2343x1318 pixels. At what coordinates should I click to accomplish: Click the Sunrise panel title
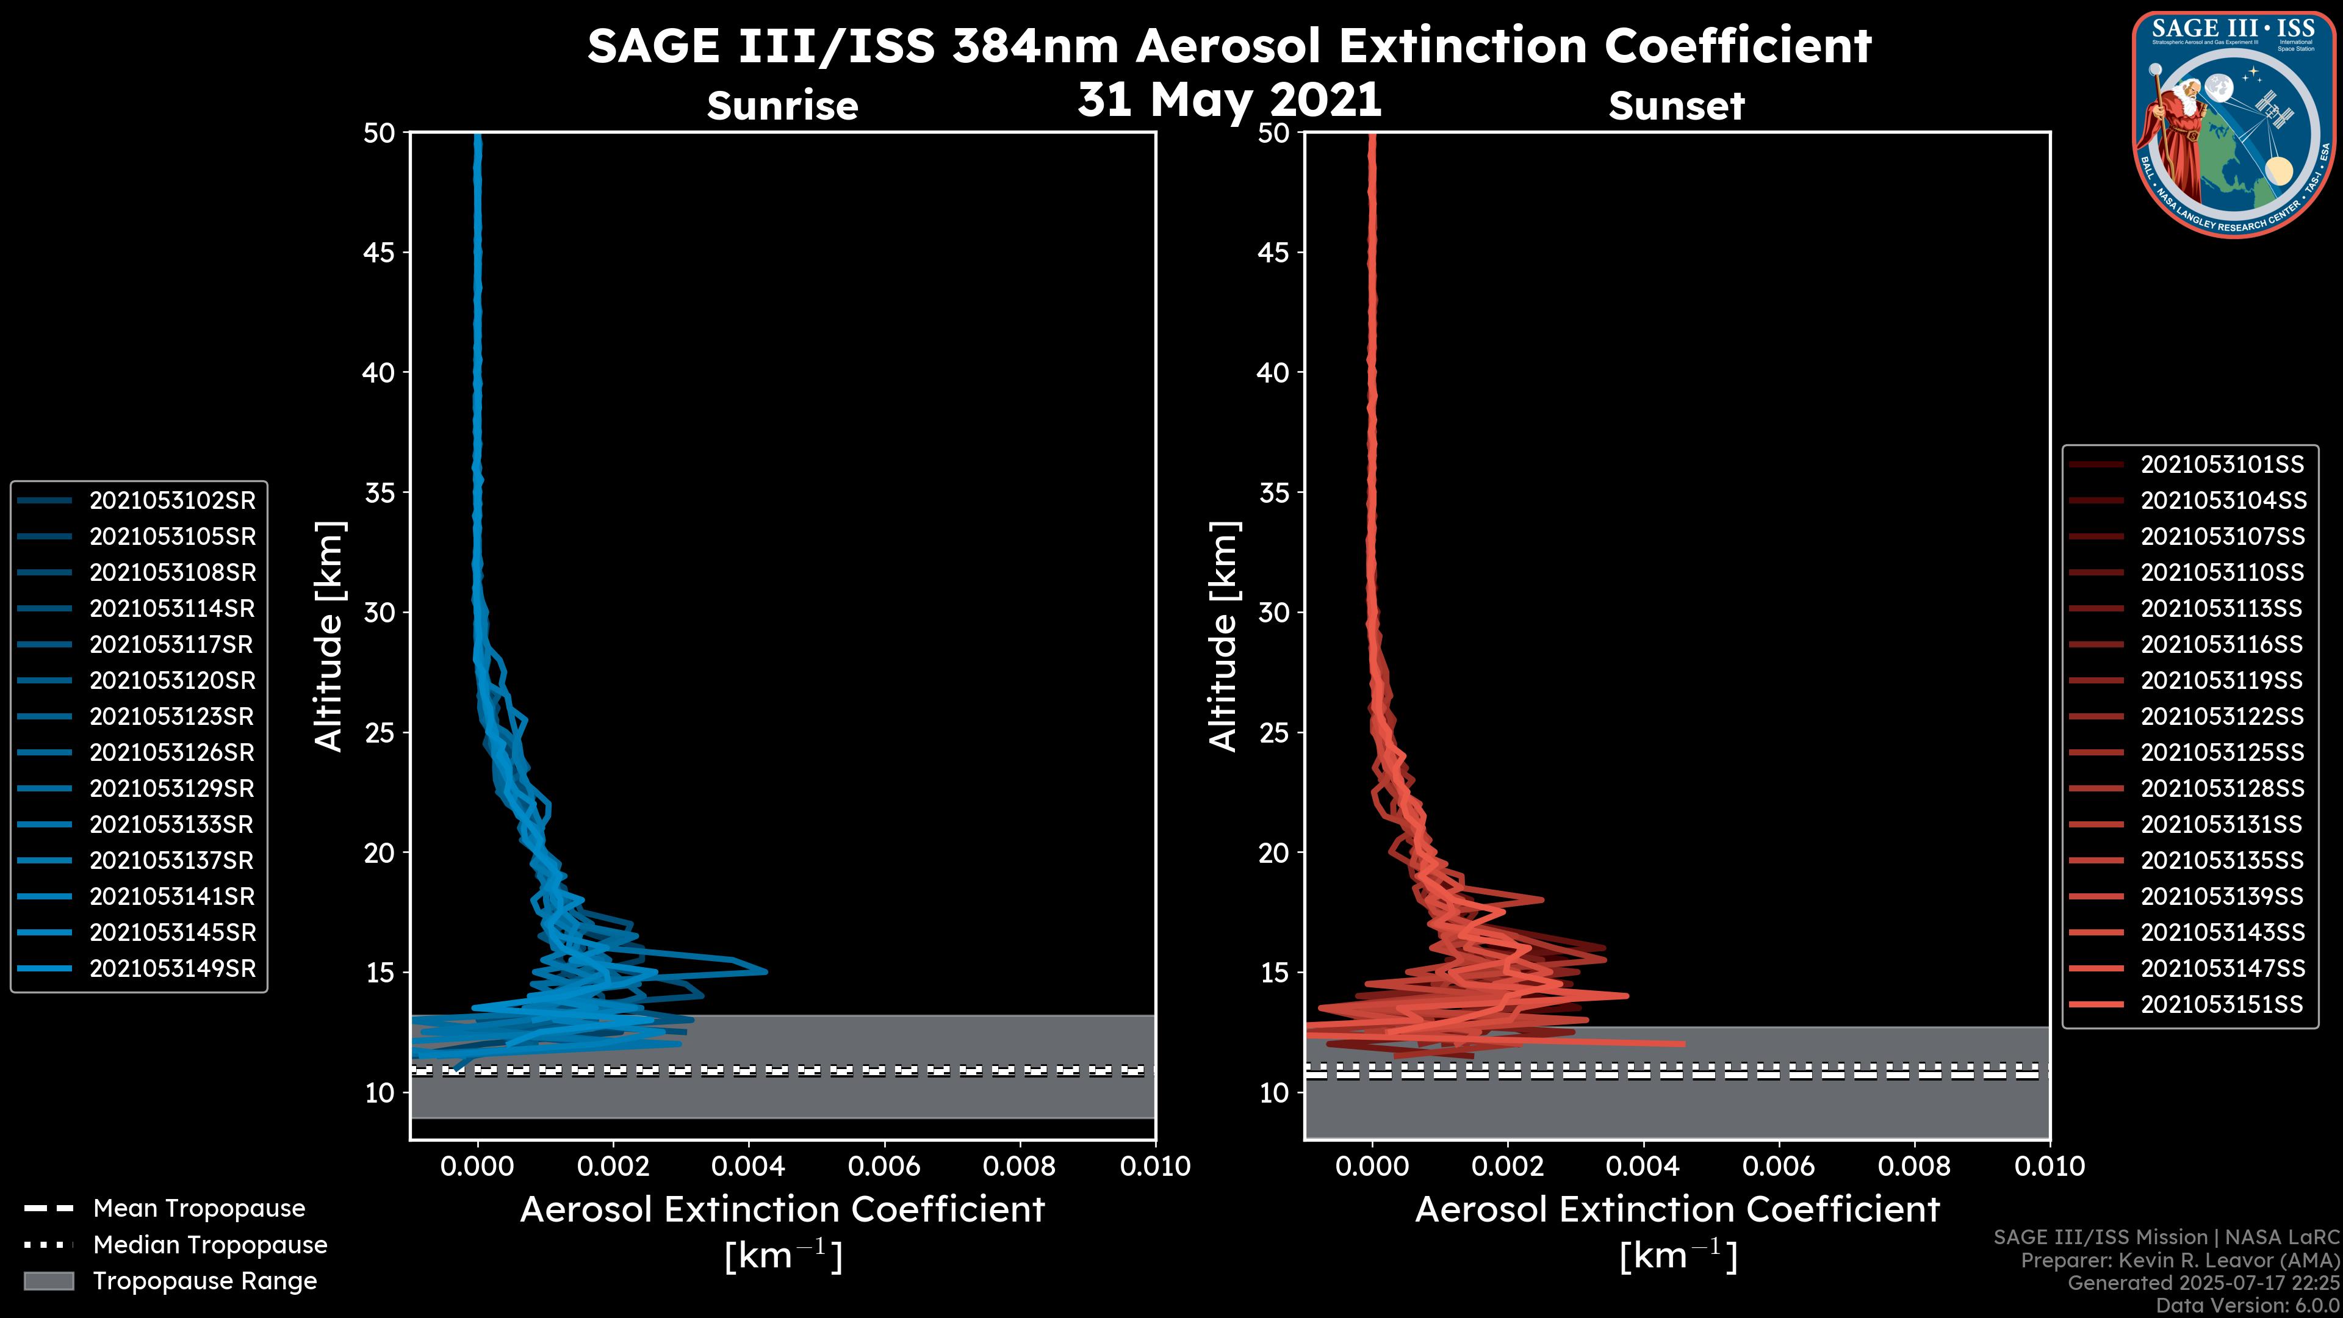click(x=782, y=106)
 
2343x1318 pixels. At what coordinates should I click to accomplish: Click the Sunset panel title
click(x=1676, y=106)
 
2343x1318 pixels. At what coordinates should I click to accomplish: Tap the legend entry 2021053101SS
click(x=2222, y=465)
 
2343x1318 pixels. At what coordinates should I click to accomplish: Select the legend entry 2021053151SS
click(x=2222, y=1004)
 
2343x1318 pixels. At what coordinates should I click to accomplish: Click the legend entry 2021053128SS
click(x=2222, y=788)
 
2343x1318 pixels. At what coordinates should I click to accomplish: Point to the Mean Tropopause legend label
click(x=199, y=1209)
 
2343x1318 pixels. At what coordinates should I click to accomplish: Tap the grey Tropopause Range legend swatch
click(x=48, y=1281)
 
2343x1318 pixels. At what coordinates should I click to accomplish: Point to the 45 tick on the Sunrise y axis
click(x=380, y=252)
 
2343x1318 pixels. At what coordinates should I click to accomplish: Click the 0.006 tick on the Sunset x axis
click(x=1779, y=1166)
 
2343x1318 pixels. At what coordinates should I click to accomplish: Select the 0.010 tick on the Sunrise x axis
click(x=1154, y=1166)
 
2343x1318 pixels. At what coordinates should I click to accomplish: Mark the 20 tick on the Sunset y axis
click(x=1274, y=853)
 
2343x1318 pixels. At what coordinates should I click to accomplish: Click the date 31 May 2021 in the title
click(x=1229, y=100)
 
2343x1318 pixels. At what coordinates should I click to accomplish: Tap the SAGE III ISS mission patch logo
click(x=2235, y=124)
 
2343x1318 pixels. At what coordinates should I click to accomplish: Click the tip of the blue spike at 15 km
click(x=766, y=971)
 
